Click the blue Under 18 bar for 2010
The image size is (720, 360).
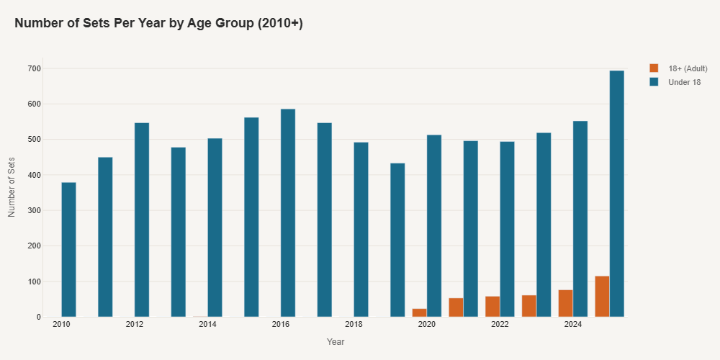pos(68,249)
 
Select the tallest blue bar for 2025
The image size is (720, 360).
pos(616,193)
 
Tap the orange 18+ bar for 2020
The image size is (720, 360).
pos(419,312)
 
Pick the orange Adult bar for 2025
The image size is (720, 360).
pos(602,296)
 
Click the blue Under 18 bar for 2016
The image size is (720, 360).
pos(288,212)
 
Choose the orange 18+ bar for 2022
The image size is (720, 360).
pos(492,306)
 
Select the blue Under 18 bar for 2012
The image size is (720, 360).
pos(142,220)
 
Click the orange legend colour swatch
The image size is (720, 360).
pos(654,68)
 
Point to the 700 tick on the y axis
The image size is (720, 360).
pos(35,68)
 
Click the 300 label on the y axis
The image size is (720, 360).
pos(35,210)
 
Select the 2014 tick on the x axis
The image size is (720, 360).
pos(207,325)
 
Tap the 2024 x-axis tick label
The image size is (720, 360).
pos(573,325)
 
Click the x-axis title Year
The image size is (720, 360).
pos(335,341)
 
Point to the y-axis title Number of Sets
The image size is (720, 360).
pos(12,186)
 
